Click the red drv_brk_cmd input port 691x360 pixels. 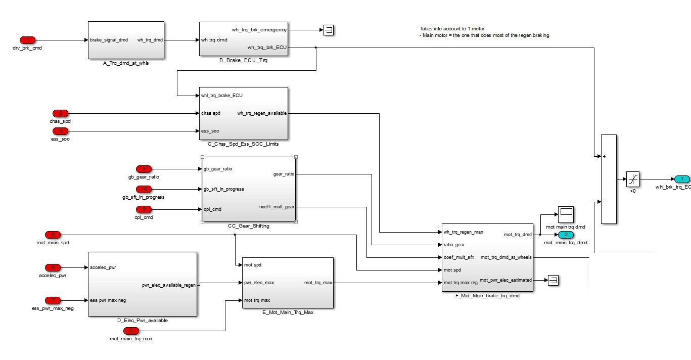point(27,40)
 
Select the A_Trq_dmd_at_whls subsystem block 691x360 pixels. point(126,40)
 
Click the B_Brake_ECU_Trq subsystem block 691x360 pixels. point(243,39)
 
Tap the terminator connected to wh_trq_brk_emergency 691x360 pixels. point(329,30)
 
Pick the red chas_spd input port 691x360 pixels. point(60,113)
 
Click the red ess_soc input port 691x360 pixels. point(60,131)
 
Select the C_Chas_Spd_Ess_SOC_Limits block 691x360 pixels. point(243,113)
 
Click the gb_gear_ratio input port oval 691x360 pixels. point(144,169)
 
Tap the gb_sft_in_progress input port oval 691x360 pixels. point(144,189)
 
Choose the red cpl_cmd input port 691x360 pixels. point(144,209)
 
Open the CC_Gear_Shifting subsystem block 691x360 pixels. point(249,189)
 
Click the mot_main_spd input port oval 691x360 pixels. point(53,235)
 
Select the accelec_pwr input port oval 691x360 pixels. point(53,267)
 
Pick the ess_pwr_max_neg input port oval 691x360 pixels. point(53,300)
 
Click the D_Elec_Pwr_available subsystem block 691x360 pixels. point(142,284)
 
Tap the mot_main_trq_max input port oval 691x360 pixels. point(131,331)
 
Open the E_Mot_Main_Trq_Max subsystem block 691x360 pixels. point(288,283)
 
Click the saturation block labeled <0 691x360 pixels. point(632,179)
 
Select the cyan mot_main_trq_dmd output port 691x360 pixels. point(566,235)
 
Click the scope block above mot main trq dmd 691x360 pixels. point(566,214)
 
